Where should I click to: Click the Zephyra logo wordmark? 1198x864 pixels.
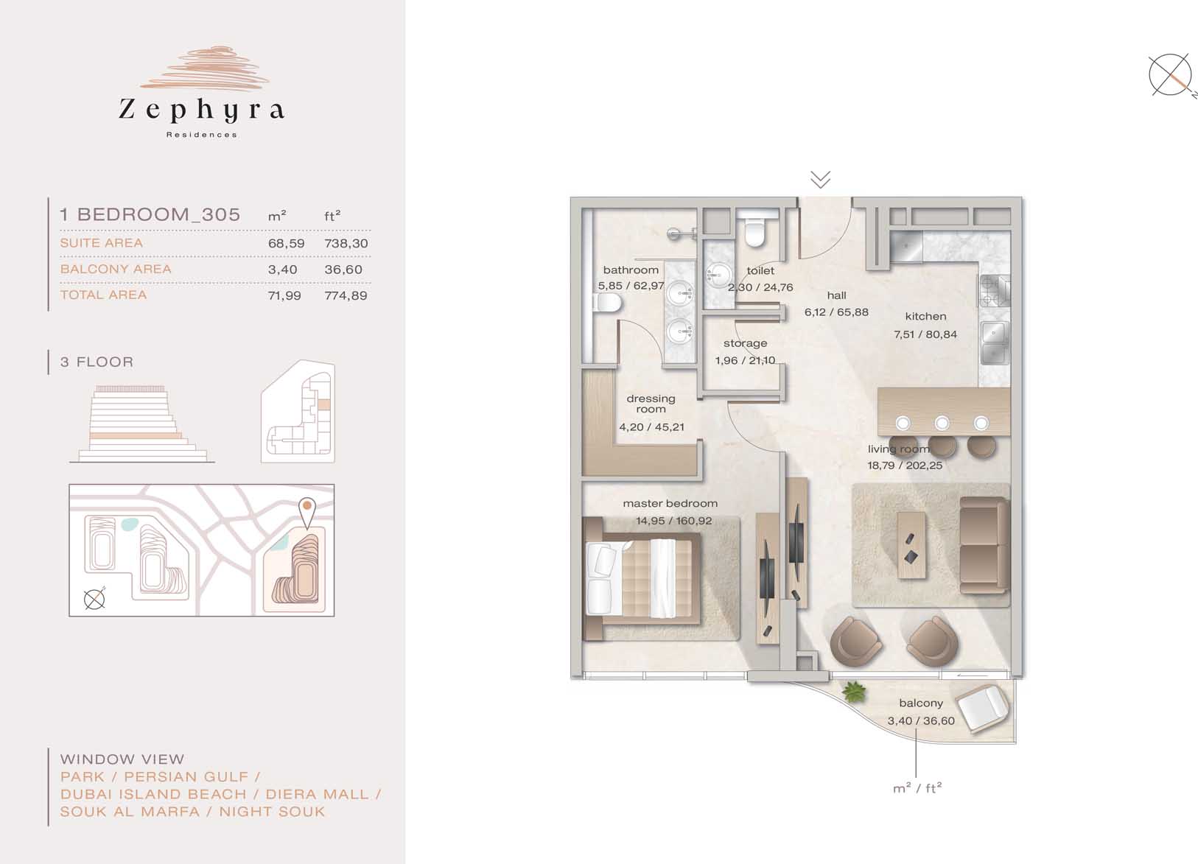click(x=201, y=110)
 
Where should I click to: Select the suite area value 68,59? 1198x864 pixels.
click(x=286, y=243)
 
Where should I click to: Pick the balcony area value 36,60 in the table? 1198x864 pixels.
click(x=343, y=270)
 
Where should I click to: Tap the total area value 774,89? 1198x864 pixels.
click(x=346, y=295)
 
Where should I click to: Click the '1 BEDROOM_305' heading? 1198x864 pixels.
click(x=150, y=214)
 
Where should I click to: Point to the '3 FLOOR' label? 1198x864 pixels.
click(x=97, y=362)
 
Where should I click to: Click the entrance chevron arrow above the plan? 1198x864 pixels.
click(x=820, y=180)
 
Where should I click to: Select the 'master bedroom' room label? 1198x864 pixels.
click(x=670, y=503)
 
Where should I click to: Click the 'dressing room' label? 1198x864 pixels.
click(x=651, y=404)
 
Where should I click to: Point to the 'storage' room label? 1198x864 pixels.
click(x=745, y=343)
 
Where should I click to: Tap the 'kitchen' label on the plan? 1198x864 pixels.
click(x=926, y=317)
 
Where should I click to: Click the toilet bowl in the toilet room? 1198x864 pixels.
click(x=755, y=228)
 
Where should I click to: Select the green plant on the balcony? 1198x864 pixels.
click(x=854, y=692)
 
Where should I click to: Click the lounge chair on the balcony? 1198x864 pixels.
click(x=983, y=709)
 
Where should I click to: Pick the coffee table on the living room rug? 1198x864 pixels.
click(x=911, y=545)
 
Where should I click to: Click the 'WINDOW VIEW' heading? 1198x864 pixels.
click(x=122, y=759)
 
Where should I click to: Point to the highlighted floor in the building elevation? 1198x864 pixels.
click(x=136, y=436)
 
